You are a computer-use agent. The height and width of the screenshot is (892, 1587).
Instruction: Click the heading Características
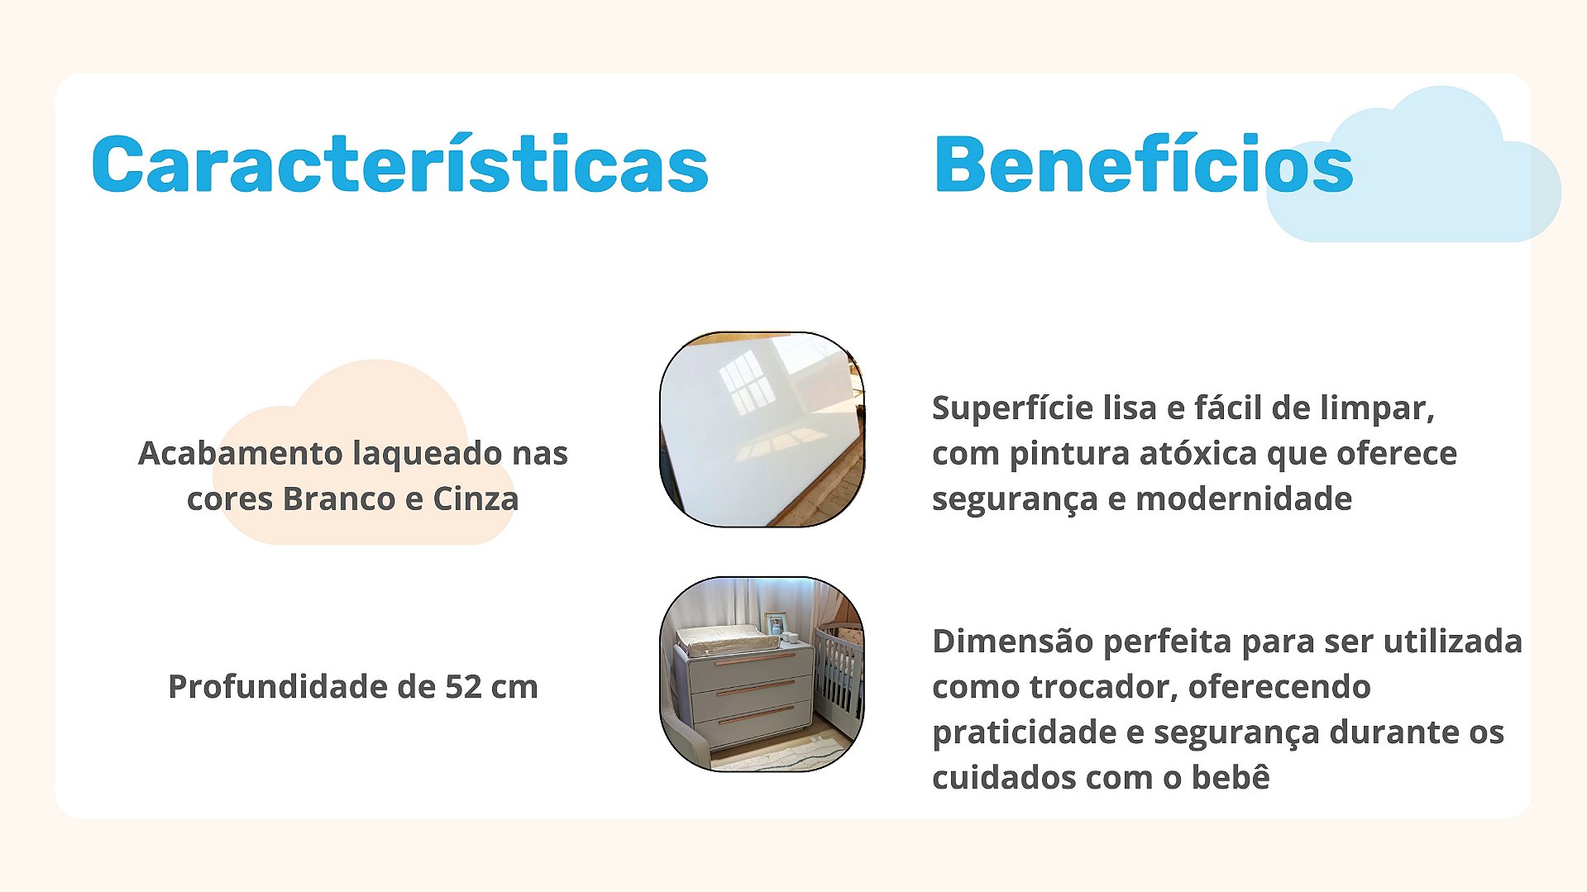[399, 164]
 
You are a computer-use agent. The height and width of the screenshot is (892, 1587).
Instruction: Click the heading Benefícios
[1143, 164]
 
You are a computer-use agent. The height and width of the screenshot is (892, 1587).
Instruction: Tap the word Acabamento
[240, 453]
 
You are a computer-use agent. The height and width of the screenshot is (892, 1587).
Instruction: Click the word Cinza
[476, 498]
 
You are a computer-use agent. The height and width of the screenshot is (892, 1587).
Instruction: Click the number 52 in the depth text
[463, 687]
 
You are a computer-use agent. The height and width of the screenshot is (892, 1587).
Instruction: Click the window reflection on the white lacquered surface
[746, 380]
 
